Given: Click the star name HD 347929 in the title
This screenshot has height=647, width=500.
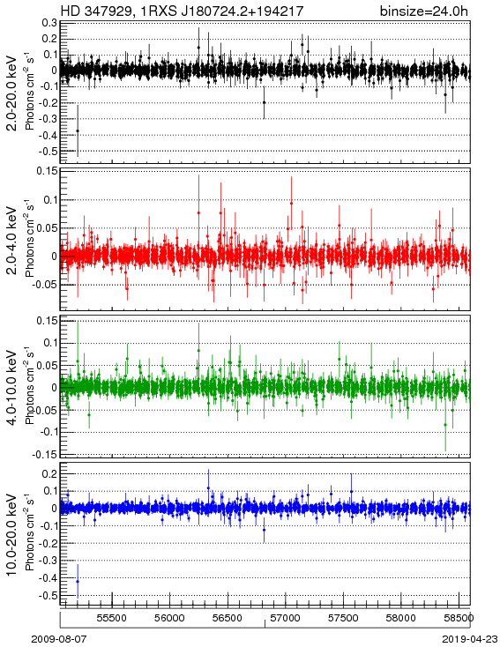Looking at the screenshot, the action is tap(97, 11).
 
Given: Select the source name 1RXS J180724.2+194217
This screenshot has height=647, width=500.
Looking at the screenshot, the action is tap(222, 11).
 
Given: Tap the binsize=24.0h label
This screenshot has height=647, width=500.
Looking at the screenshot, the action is tap(424, 11).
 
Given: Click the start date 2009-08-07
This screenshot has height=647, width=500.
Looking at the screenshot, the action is tap(59, 639).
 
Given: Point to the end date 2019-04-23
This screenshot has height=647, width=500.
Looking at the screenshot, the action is tap(470, 639).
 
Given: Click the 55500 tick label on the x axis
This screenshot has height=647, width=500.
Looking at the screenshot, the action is tap(111, 618).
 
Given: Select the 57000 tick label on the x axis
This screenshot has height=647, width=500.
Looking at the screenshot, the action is tap(286, 618).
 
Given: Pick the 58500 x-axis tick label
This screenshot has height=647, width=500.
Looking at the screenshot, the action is tap(459, 618).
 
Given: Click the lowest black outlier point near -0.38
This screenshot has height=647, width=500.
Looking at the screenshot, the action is tap(78, 130).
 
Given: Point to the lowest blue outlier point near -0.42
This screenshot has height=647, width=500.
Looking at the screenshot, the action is tap(78, 582).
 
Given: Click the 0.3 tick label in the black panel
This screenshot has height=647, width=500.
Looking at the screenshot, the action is tap(49, 23).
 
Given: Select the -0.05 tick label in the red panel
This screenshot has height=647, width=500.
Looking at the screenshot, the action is tap(47, 285).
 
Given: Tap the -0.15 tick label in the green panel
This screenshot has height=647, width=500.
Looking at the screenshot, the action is tap(47, 454).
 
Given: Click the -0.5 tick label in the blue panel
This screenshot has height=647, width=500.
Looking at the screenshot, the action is tap(48, 595).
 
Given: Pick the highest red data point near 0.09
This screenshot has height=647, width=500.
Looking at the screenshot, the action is tap(292, 204).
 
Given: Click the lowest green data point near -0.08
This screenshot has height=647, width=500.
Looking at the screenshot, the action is tap(445, 425).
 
